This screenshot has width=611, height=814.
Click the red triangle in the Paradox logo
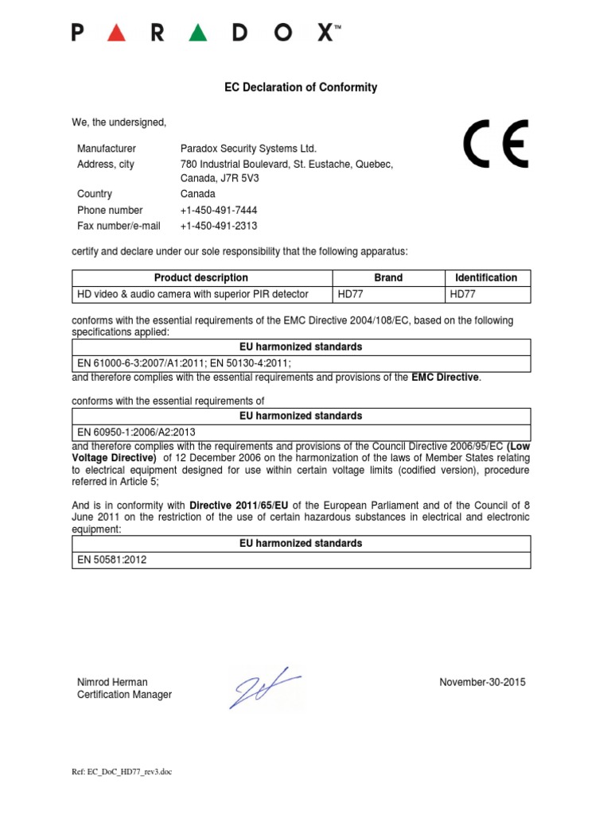[116, 33]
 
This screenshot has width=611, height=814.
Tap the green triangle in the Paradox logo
[199, 33]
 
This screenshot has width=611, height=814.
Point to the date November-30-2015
[482, 682]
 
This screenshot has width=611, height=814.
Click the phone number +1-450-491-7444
[219, 211]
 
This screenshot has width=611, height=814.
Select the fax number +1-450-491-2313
[219, 227]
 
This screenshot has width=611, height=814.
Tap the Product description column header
[201, 278]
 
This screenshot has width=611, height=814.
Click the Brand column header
[388, 278]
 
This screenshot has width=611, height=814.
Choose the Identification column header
[486, 278]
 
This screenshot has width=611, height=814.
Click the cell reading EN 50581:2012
[112, 560]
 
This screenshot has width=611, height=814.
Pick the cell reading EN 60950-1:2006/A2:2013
[136, 432]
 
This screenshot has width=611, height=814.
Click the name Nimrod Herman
[112, 682]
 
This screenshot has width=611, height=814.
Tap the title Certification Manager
[124, 695]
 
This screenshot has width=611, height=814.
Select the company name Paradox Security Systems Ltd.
[248, 149]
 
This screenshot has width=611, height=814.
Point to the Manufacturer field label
[107, 149]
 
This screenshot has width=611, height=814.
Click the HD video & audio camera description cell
[193, 294]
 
